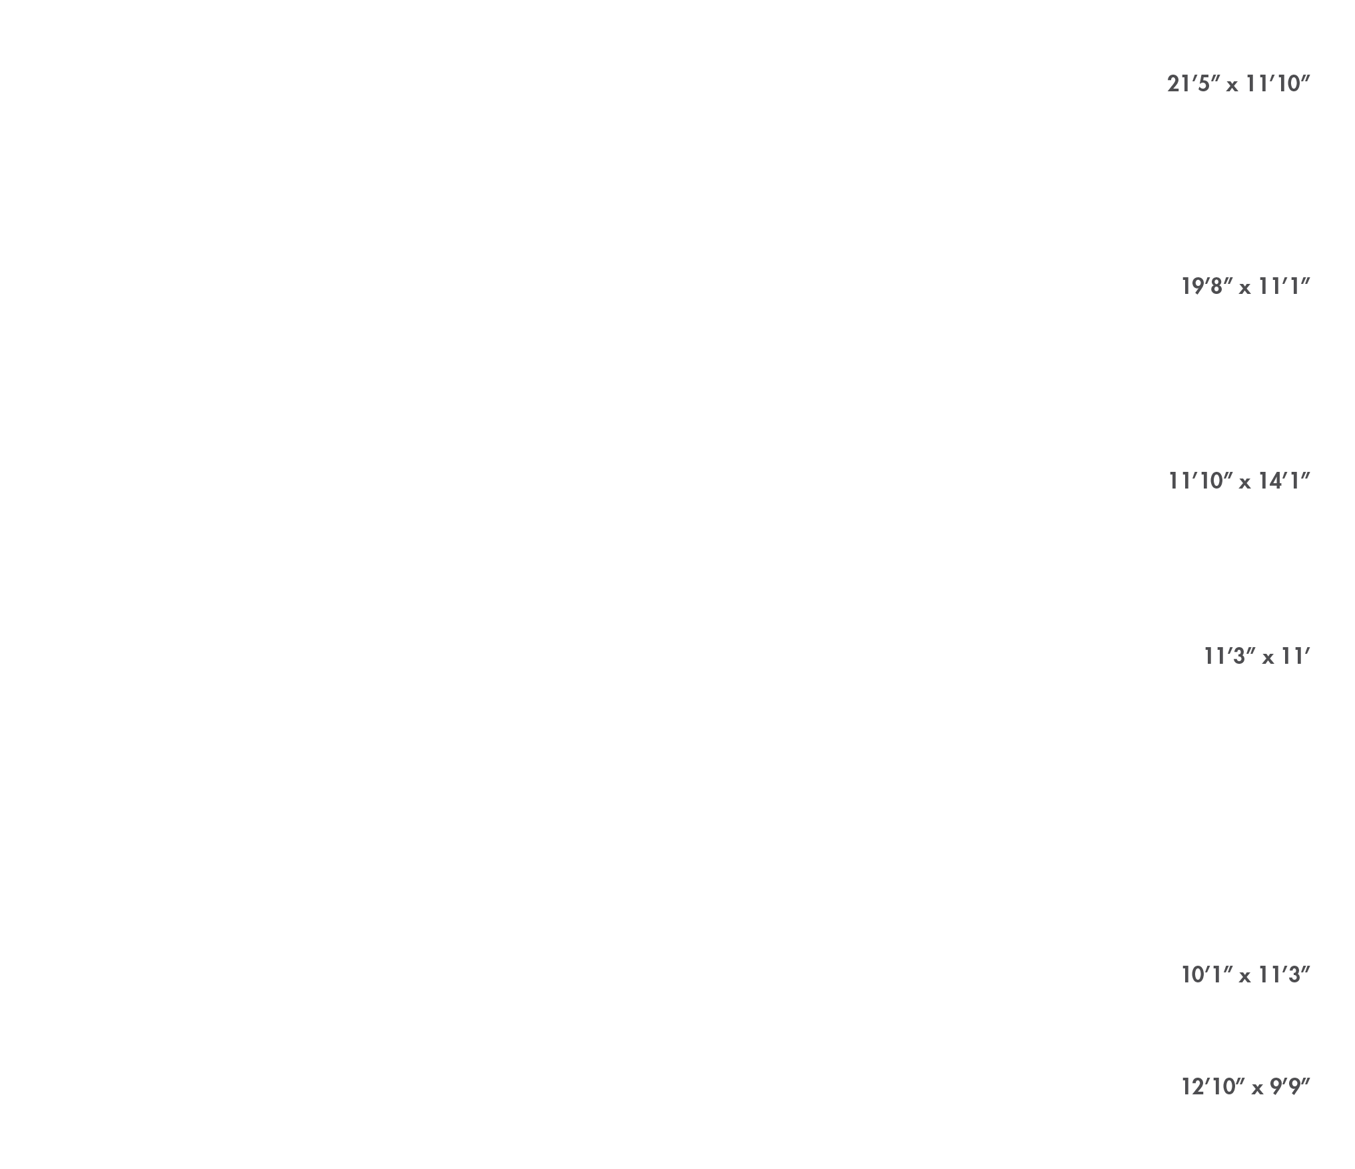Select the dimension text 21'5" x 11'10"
tap(1238, 84)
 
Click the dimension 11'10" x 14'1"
tap(1240, 481)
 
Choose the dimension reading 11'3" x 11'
tap(1257, 656)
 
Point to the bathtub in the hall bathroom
tap(403, 400)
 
